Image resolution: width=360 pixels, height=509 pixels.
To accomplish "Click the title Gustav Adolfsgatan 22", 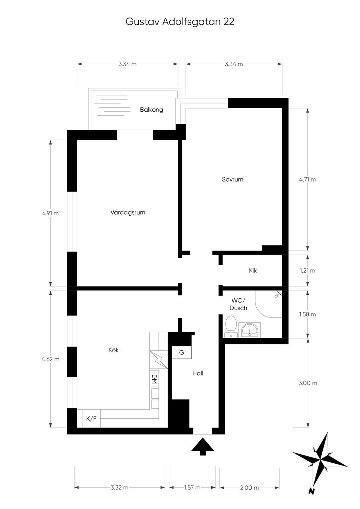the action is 180,22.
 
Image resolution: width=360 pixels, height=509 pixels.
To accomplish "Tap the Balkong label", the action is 152,110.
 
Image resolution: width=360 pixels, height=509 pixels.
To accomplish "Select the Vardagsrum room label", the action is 128,213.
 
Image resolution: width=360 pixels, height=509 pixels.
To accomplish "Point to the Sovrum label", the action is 233,180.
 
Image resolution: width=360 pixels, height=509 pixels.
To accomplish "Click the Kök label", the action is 114,350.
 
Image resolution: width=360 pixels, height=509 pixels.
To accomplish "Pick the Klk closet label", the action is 253,270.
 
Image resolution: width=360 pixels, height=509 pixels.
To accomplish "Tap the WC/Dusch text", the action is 238,304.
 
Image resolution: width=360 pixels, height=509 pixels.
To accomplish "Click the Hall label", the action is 198,373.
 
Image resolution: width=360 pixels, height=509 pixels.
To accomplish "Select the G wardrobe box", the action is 181,352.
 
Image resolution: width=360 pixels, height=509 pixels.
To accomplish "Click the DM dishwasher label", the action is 154,379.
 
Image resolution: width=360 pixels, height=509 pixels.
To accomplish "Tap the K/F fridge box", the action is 91,419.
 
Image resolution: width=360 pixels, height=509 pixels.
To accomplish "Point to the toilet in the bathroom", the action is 231,327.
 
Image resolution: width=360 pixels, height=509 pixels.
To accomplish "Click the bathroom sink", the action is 250,330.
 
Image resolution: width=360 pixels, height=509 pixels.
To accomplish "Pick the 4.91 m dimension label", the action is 51,213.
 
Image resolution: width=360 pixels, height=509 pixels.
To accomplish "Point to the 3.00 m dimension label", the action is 308,383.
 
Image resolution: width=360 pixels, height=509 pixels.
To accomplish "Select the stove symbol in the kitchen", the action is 159,359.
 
